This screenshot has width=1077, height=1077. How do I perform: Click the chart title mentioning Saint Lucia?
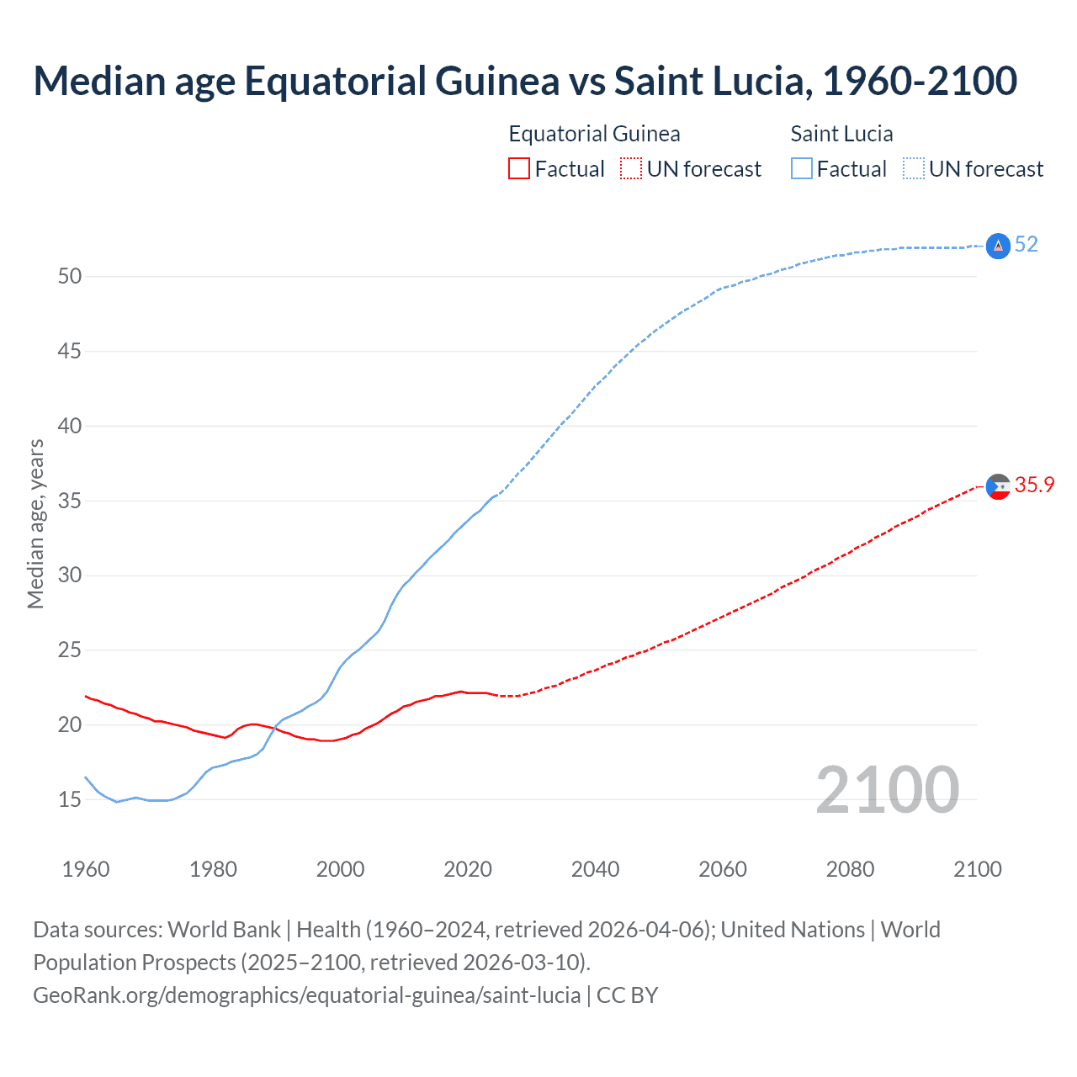coord(525,81)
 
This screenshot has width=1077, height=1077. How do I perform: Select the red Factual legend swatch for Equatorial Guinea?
coord(519,169)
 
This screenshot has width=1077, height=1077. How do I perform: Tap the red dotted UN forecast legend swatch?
coord(631,169)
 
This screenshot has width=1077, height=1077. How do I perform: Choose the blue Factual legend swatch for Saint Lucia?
coord(801,169)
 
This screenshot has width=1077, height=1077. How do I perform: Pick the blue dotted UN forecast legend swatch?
coord(913,169)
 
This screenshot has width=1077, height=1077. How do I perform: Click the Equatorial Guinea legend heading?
coord(594,134)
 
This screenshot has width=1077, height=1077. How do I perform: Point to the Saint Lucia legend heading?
coord(841,134)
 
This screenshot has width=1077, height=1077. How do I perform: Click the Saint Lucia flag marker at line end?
coord(998,246)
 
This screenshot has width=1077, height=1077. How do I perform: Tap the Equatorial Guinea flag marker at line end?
coord(998,486)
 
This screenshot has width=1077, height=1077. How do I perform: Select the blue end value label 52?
coord(1027,245)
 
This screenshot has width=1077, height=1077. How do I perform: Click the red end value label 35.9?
coord(1034,485)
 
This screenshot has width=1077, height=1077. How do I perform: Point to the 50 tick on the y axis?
coord(70,277)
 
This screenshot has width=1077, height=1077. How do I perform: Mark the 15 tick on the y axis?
coord(70,800)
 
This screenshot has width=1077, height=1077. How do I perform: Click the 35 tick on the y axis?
coord(70,501)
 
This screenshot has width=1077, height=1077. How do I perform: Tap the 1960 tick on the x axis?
coord(86,869)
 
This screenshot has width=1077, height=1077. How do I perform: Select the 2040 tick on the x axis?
coord(595,869)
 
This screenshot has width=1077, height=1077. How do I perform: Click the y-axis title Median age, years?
coord(35,523)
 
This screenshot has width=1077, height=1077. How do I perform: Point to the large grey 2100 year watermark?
coord(887,790)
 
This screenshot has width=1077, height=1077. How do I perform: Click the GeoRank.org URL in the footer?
coord(307,995)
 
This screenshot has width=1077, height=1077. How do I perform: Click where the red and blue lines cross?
coord(272,728)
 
